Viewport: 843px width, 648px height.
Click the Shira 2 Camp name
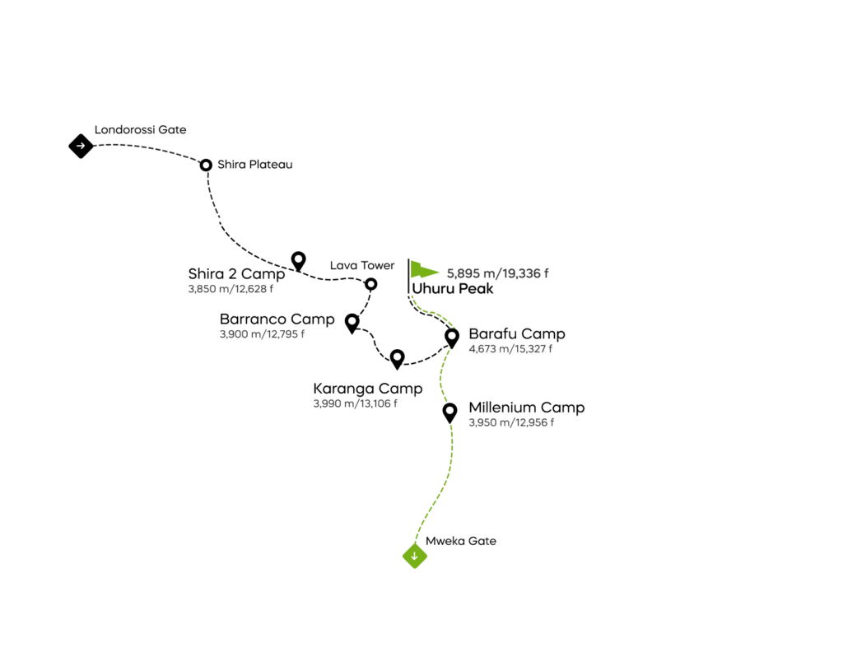click(236, 274)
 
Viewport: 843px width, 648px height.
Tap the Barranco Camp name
click(277, 319)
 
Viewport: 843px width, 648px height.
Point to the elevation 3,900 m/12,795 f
click(262, 334)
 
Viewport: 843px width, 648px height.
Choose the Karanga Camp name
click(367, 389)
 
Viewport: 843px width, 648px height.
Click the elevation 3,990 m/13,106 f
click(355, 404)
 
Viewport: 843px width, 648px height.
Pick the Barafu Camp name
click(516, 334)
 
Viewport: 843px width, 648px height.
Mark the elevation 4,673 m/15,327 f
click(510, 349)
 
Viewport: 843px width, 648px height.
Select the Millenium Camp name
click(526, 408)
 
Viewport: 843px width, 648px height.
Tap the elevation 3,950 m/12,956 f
click(510, 422)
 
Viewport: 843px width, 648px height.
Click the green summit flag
click(423, 272)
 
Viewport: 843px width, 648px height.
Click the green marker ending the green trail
click(415, 557)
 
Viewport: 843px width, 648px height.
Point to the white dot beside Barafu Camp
click(452, 335)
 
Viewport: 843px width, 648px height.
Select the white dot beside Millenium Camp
click(449, 410)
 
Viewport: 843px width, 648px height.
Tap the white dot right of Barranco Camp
click(352, 320)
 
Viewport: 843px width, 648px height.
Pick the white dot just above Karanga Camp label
click(397, 357)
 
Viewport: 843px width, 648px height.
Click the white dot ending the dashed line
click(298, 259)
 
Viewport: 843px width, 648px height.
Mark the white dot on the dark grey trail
click(206, 165)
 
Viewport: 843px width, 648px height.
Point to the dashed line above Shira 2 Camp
click(275, 263)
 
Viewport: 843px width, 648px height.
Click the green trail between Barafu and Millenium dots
click(445, 375)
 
